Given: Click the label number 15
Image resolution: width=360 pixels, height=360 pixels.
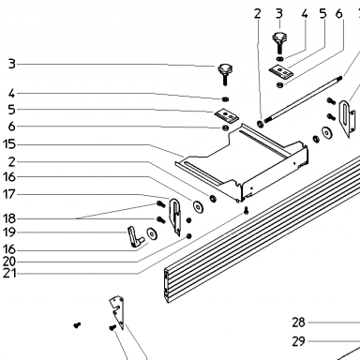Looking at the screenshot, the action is coord(8,144).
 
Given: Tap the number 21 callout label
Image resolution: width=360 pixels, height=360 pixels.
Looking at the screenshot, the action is coord(9,274).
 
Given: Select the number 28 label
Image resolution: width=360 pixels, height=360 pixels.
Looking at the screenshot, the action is coord(298,322).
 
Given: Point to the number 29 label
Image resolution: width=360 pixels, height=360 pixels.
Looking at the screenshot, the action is coord(298,341).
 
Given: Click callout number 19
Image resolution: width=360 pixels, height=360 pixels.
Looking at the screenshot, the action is coord(9,232).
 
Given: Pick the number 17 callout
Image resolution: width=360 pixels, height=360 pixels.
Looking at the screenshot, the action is coord(9,194).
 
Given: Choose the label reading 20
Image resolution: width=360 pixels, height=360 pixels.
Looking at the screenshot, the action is coord(9,262).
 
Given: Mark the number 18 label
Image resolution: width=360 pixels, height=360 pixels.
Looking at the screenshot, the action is coord(9,218).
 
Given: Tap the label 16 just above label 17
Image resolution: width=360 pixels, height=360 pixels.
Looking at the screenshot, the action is coord(9,177).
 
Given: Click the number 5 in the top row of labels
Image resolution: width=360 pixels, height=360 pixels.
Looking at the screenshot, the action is coord(322,14).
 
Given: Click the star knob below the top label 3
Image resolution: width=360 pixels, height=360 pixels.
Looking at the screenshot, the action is coord(278,42).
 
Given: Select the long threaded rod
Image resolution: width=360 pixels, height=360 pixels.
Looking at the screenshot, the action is coord(303,99).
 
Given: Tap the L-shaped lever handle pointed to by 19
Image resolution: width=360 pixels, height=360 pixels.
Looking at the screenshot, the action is coord(135,237).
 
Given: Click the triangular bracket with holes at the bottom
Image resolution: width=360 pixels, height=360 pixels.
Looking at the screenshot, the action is coord(117,312).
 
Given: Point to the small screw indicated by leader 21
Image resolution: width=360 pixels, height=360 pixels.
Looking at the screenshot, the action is coord(247,210).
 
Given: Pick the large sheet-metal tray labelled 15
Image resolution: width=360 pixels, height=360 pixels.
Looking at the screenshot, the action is coord(242,163).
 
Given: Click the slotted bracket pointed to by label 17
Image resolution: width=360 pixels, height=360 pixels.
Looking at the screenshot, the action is coord(175,217).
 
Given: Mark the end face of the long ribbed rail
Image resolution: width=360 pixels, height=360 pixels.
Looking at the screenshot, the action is coord(167,286).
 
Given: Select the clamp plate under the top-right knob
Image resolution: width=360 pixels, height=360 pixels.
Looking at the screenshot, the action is coord(282,71).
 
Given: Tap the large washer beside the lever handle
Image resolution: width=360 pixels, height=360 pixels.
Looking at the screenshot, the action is coord(153,233).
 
